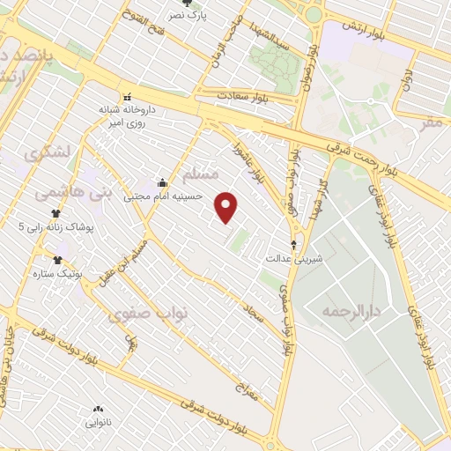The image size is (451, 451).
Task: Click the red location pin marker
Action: coord(227,206)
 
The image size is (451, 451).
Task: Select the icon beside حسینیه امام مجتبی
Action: coord(162,183)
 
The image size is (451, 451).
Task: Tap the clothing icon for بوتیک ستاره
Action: coord(58,260)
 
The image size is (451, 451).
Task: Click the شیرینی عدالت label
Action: coord(286,259)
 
